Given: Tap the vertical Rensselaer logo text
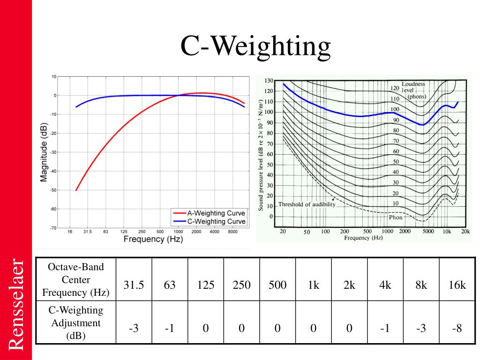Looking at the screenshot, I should click(x=15, y=304).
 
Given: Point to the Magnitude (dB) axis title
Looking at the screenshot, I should click(x=44, y=152).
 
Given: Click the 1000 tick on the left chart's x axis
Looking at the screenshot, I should click(x=178, y=232).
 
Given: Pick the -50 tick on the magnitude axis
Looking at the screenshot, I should click(x=53, y=190).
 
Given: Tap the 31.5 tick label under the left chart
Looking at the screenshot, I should click(x=87, y=232).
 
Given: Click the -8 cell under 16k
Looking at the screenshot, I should click(x=457, y=328).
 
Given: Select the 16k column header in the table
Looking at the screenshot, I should click(x=457, y=285).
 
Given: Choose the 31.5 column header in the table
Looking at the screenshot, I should click(x=134, y=285).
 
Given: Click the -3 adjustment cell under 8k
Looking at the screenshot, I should click(x=421, y=328).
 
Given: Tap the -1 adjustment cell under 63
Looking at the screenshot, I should click(x=170, y=328).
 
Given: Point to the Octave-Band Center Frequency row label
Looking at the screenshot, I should click(x=76, y=280).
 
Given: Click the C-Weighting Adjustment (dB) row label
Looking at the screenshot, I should click(x=76, y=323).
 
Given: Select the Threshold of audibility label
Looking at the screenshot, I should click(x=307, y=204).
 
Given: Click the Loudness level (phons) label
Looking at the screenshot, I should click(x=413, y=90).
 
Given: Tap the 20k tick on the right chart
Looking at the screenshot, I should click(x=465, y=232).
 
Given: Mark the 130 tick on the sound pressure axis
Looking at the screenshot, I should click(x=269, y=81).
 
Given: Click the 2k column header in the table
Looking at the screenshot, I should click(x=349, y=285).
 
